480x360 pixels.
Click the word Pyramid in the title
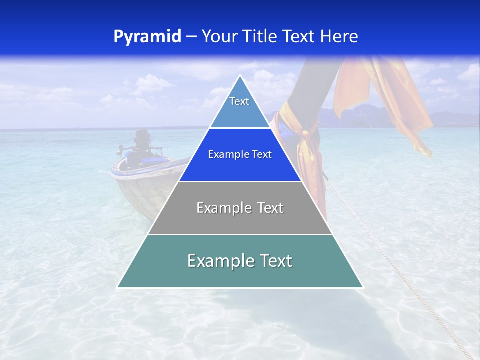pyautogui.click(x=147, y=37)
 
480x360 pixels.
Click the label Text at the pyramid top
pyautogui.click(x=239, y=101)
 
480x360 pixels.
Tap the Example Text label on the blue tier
pyautogui.click(x=240, y=154)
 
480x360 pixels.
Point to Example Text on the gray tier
pyautogui.click(x=240, y=208)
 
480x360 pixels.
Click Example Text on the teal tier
pyautogui.click(x=240, y=261)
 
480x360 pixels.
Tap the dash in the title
pyautogui.click(x=191, y=37)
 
